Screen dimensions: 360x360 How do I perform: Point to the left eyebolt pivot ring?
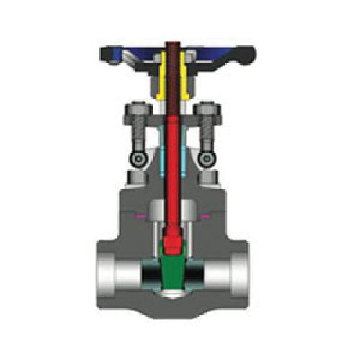click(x=136, y=158)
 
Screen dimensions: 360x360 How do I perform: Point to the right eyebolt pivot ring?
click(x=208, y=158)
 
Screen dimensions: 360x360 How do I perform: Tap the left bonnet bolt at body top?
click(x=133, y=177)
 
